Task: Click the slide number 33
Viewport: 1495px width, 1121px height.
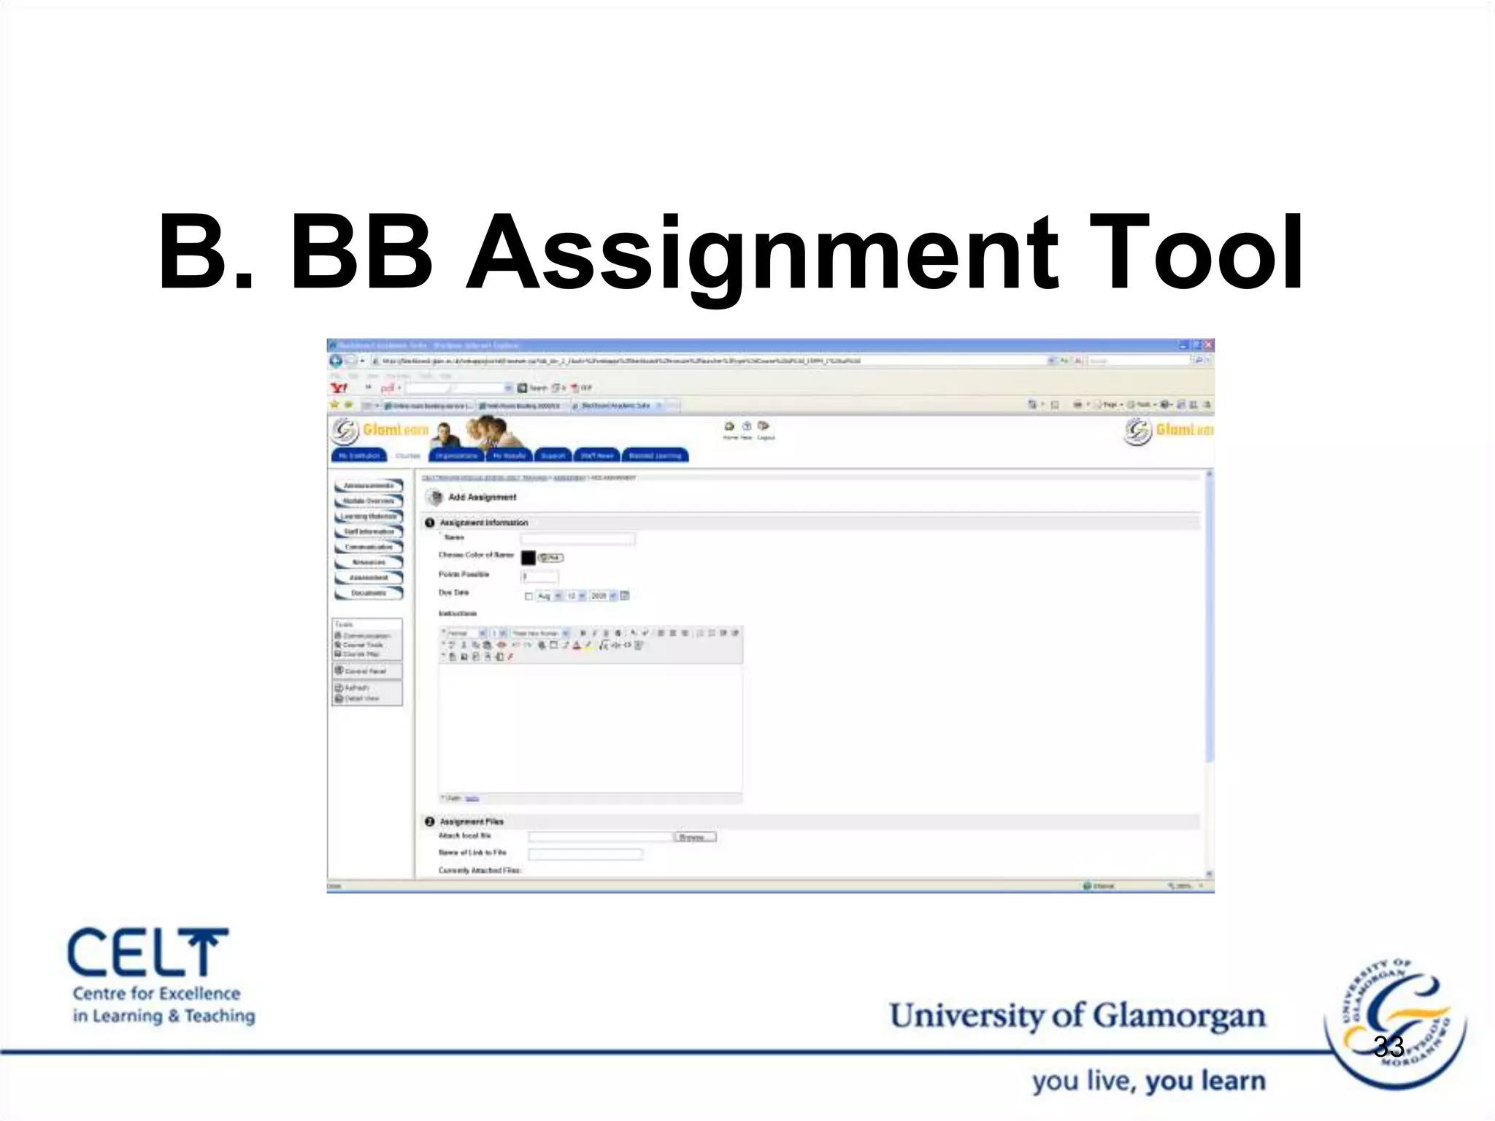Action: pos(1388,1047)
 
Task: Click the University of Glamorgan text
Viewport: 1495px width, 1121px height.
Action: pos(1077,1015)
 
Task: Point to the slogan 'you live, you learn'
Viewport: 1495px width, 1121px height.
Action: pos(1148,1081)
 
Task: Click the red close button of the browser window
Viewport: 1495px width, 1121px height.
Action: pos(1208,344)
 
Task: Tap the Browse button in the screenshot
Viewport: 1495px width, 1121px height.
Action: pos(694,837)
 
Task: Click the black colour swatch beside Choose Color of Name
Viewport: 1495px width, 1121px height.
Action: pos(529,558)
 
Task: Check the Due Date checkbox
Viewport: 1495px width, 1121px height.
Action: pos(529,596)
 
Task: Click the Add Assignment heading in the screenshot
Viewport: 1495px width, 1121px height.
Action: pos(482,497)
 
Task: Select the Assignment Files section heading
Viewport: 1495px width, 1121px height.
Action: pos(472,821)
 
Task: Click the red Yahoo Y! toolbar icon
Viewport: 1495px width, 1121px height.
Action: pos(339,388)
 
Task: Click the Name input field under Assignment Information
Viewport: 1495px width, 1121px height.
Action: pos(577,539)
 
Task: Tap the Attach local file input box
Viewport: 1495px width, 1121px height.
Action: pos(600,837)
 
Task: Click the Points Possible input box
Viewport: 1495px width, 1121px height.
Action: pos(540,577)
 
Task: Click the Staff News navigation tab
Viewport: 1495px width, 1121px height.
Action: pos(597,455)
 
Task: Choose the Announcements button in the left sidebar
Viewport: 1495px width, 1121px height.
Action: pos(369,485)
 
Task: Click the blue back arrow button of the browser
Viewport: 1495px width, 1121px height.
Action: pos(336,361)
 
